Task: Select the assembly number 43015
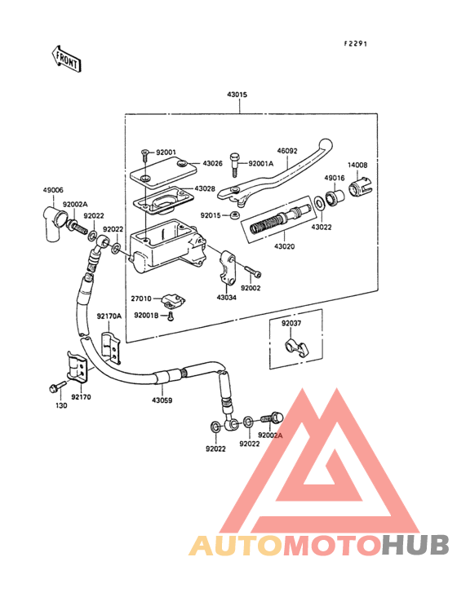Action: click(237, 95)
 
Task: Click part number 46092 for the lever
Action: click(287, 150)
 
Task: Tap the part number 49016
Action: click(335, 178)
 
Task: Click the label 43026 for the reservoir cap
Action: click(213, 163)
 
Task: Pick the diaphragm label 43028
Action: click(205, 189)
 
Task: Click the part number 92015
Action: click(212, 214)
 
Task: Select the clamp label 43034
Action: click(227, 298)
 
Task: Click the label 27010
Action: click(143, 300)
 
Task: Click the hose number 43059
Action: click(162, 400)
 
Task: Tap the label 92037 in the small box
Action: click(291, 323)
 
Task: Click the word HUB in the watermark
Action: click(415, 545)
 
